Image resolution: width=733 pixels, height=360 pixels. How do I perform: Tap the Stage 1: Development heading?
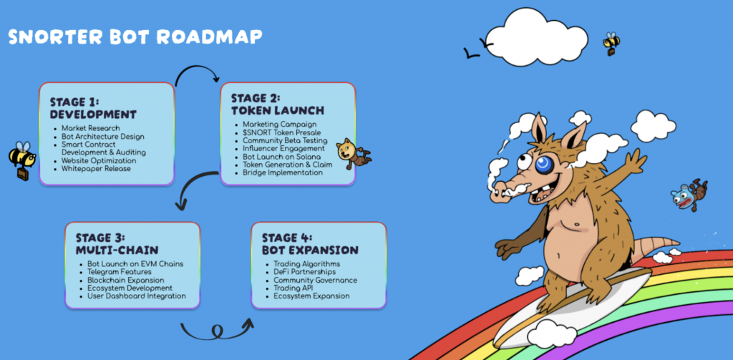93,108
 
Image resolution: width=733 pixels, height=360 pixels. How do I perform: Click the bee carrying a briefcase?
21,159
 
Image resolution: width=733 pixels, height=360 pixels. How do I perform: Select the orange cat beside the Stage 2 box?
351,152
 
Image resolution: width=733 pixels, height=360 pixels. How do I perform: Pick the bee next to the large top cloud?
611,43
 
